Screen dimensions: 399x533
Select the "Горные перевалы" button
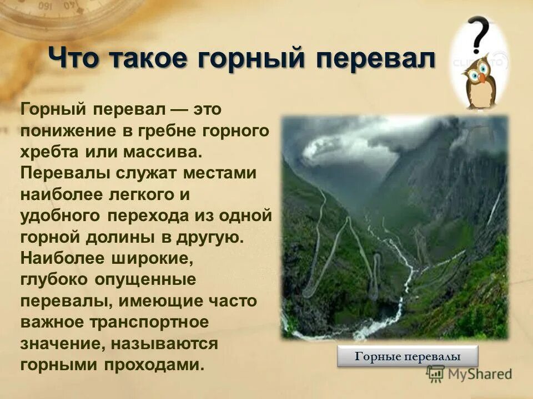tap(408, 356)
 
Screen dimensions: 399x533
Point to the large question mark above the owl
tap(479, 34)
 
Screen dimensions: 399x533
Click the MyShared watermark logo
tap(469, 374)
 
